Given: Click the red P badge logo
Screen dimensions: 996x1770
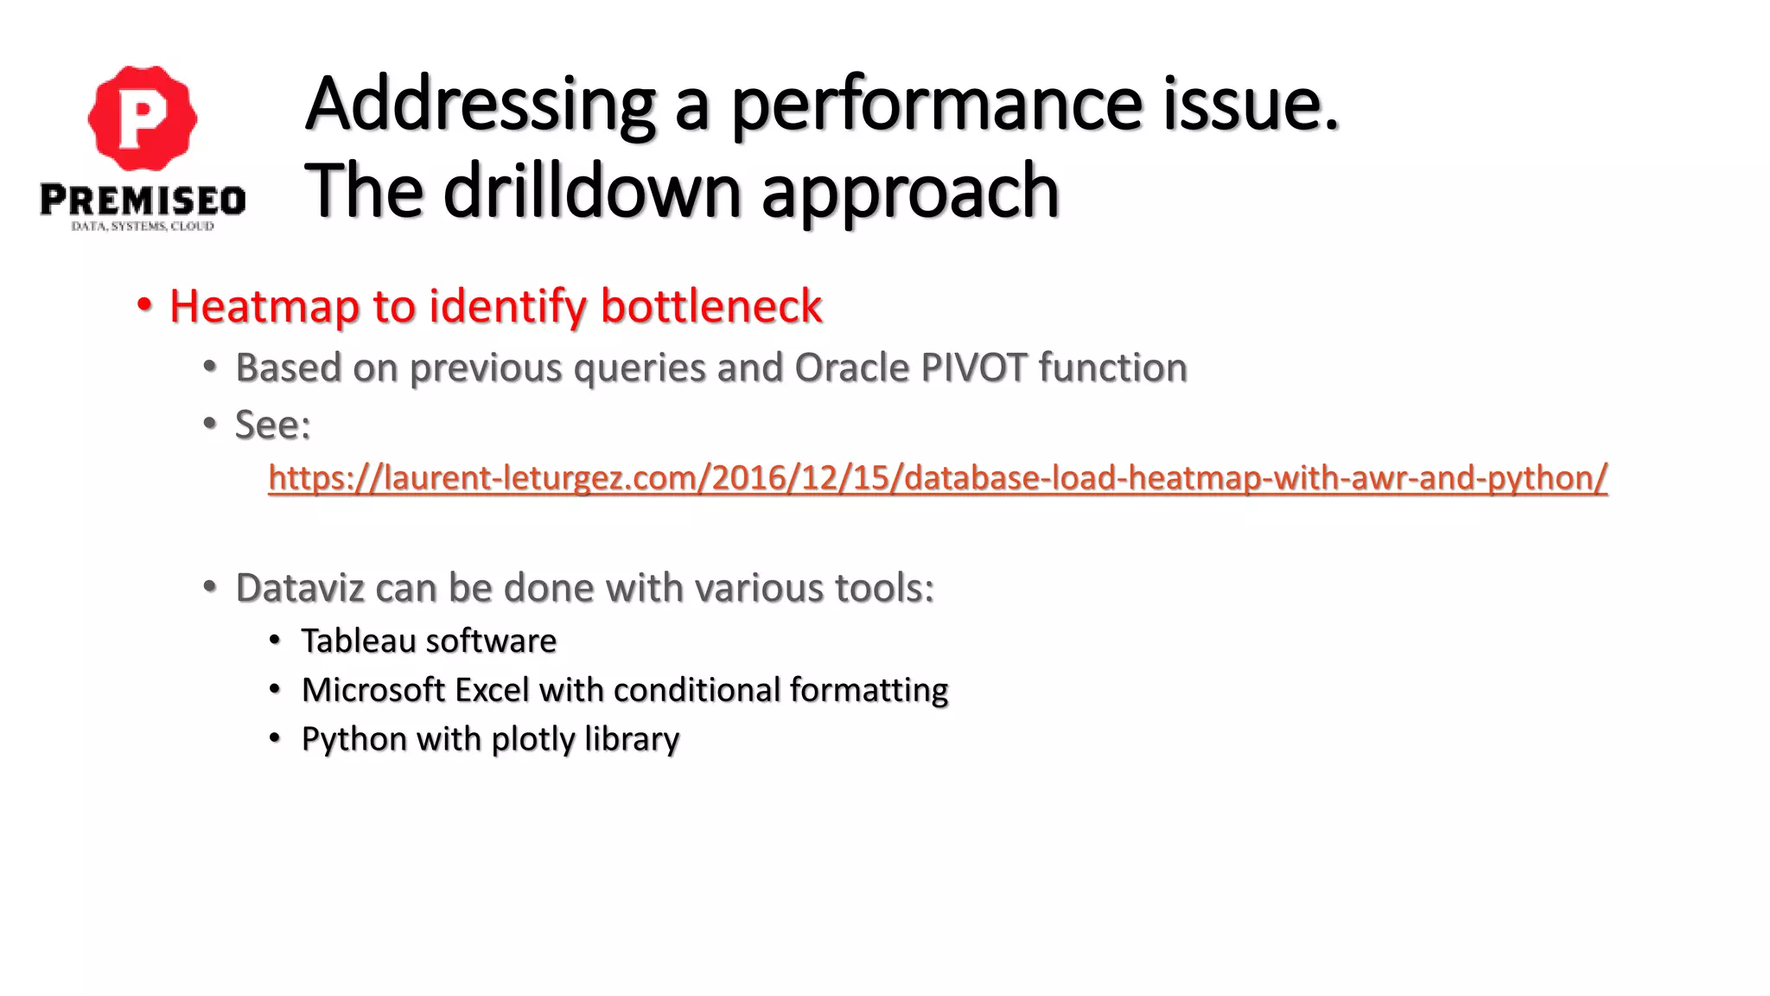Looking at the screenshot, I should pyautogui.click(x=143, y=118).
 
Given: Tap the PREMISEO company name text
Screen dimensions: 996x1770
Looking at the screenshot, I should pyautogui.click(x=143, y=201).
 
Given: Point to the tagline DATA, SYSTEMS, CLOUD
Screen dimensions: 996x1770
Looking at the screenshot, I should pyautogui.click(x=143, y=227).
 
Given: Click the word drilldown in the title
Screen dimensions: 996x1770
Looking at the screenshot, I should pyautogui.click(x=592, y=192).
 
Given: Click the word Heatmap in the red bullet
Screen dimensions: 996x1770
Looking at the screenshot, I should pyautogui.click(x=264, y=306).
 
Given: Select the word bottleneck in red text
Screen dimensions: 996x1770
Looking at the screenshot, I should pyautogui.click(x=710, y=306).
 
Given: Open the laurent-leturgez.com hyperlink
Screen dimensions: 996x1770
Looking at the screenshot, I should pyautogui.click(x=937, y=478).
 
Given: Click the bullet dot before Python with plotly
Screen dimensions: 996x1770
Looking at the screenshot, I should pyautogui.click(x=274, y=738).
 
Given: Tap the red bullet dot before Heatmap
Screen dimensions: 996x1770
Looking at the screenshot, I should pyautogui.click(x=144, y=305).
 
